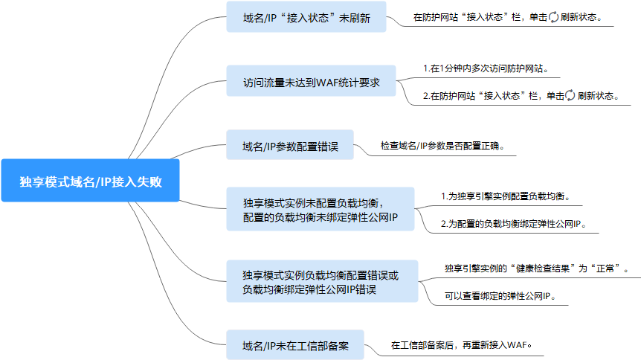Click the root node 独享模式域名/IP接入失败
pyautogui.click(x=90, y=181)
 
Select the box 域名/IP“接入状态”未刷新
pyautogui.click(x=306, y=16)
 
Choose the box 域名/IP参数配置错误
pyautogui.click(x=290, y=146)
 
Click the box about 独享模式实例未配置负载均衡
pyautogui.click(x=320, y=209)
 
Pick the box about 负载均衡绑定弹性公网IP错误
pyautogui.click(x=320, y=282)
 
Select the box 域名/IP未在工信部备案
pyautogui.click(x=295, y=345)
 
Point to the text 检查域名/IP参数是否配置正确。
pyautogui.click(x=443, y=146)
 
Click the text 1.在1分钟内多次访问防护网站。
pyautogui.click(x=486, y=68)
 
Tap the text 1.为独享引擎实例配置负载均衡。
pyautogui.click(x=510, y=197)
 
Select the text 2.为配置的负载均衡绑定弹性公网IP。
pyautogui.click(x=519, y=223)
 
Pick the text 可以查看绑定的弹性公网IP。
pyautogui.click(x=500, y=295)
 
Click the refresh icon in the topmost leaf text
pyautogui.click(x=553, y=16)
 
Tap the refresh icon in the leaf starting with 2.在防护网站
pyautogui.click(x=570, y=95)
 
